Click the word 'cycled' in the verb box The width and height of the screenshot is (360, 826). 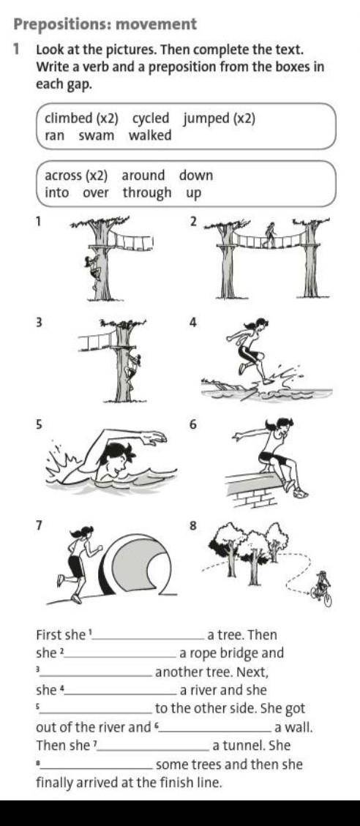[151, 119]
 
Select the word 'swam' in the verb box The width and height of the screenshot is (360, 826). [97, 136]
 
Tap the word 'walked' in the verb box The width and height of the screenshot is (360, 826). [150, 135]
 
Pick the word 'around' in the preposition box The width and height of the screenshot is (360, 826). [143, 176]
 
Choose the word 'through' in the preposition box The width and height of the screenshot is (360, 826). [147, 193]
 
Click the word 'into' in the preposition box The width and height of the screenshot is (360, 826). [57, 193]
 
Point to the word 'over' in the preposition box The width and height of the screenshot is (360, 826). [96, 193]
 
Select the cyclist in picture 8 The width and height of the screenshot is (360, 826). [321, 588]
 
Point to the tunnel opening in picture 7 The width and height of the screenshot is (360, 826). [140, 565]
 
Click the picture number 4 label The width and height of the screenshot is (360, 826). [193, 323]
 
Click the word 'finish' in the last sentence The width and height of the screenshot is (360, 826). [161, 783]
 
